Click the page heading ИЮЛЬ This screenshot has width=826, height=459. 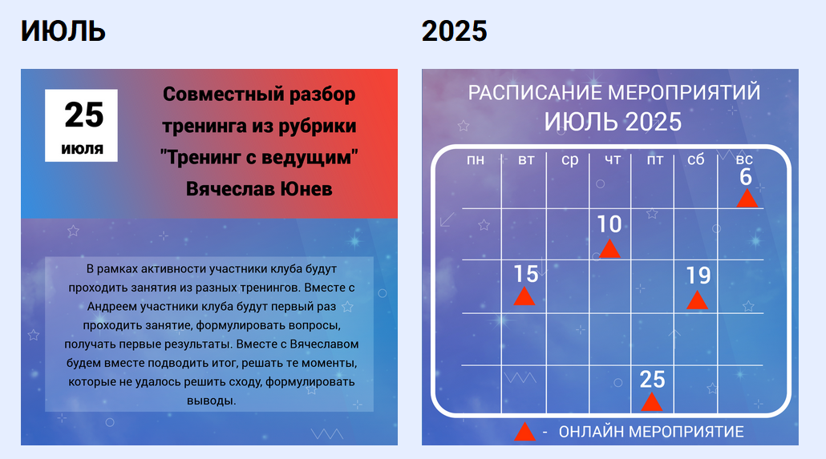63,31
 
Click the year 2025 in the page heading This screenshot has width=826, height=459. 454,31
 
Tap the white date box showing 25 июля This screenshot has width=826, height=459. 81,125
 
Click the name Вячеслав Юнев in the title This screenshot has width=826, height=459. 259,188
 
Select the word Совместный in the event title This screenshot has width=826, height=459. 213,95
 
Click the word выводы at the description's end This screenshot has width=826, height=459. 211,401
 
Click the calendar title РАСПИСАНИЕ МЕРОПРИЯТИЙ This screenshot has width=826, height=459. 614,93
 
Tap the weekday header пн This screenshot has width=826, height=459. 476,159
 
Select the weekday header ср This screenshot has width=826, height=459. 569,160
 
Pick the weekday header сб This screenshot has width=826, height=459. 695,159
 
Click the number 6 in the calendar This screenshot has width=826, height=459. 745,177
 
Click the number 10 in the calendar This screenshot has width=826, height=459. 609,224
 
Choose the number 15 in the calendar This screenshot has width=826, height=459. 526,274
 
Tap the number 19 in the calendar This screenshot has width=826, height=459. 698,276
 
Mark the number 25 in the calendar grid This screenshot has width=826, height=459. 652,380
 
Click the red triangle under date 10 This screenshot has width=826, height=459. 609,249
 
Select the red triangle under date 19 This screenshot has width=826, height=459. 697,301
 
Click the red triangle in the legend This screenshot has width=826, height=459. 524,433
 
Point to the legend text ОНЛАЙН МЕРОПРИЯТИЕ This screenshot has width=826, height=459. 651,432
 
